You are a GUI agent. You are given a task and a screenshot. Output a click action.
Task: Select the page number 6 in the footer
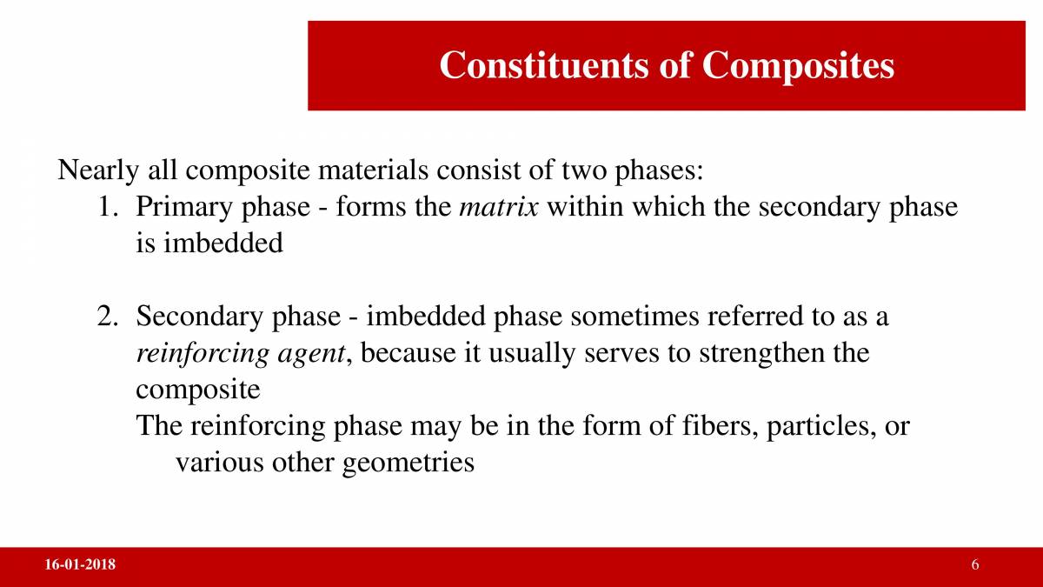tap(975, 566)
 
